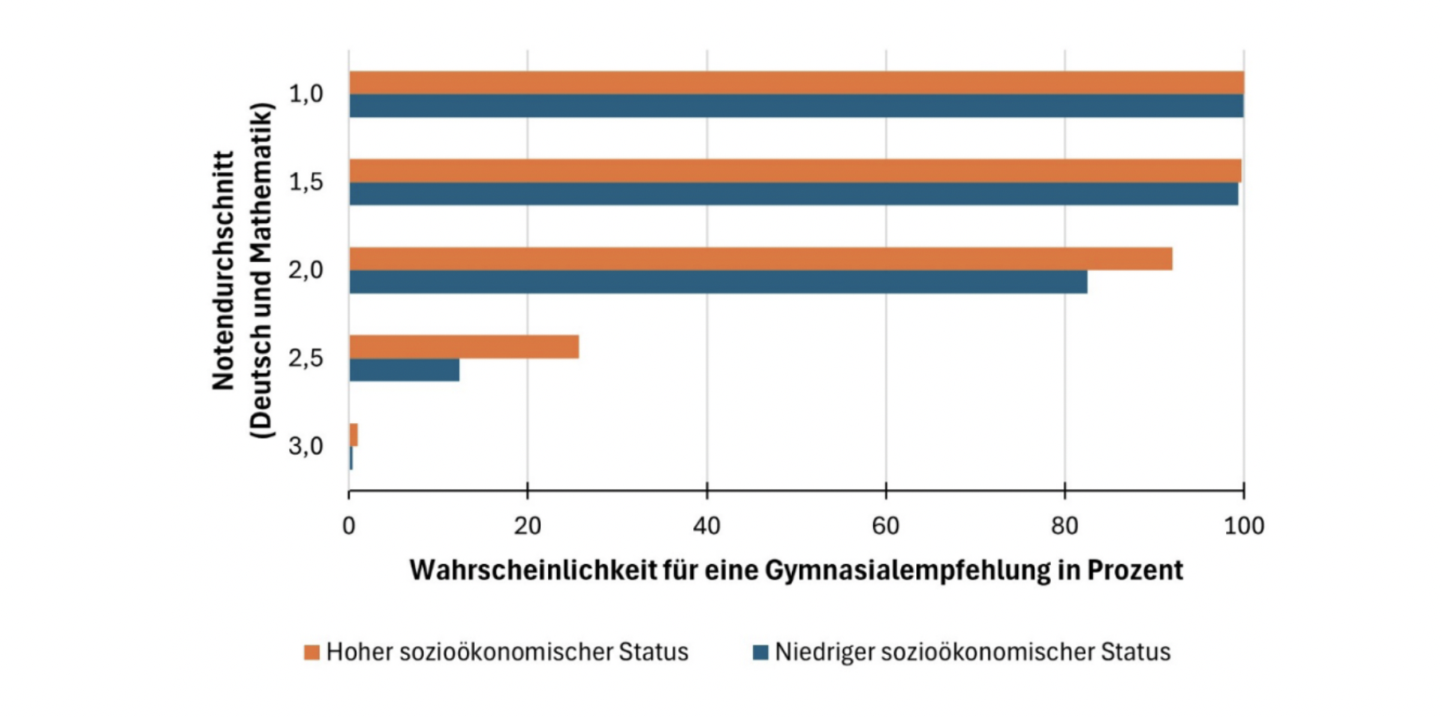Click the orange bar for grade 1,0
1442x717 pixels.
(x=797, y=83)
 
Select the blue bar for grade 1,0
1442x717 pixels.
(x=797, y=106)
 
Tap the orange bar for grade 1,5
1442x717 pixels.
(x=795, y=170)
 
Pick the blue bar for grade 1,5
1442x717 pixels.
(x=793, y=194)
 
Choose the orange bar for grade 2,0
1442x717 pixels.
(x=761, y=259)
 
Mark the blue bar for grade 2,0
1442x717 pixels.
(x=718, y=282)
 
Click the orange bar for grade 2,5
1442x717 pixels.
(x=464, y=347)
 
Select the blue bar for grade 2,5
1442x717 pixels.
(x=404, y=370)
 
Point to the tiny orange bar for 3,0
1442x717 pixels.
(x=354, y=435)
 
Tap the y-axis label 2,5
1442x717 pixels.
(x=306, y=358)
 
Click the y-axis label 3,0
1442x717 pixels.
(x=306, y=446)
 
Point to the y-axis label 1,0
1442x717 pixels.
(x=306, y=94)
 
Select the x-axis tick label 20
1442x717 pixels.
(x=527, y=526)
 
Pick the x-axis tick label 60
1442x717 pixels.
(x=886, y=526)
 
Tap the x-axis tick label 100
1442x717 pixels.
(x=1244, y=526)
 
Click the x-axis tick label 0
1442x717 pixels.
(x=349, y=526)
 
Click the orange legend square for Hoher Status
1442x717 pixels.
(x=312, y=652)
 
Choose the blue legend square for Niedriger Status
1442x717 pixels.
(x=761, y=652)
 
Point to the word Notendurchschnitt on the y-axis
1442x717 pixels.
(x=224, y=271)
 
